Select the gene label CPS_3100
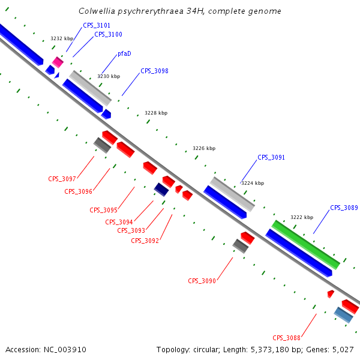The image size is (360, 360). [x=108, y=34]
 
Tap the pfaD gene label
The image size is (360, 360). [x=124, y=53]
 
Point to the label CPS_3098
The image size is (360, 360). [x=154, y=71]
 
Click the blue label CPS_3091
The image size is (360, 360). [x=271, y=157]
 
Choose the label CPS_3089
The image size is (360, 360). [x=344, y=208]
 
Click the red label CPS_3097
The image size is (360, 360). [x=62, y=179]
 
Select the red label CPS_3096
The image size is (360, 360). [x=78, y=191]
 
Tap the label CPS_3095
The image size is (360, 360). [x=103, y=210]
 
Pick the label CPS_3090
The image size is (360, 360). [x=202, y=281]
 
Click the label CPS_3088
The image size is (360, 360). [x=286, y=337]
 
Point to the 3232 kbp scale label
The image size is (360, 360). [x=61, y=38]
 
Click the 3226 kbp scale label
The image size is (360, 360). [x=204, y=148]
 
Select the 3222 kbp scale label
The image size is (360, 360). [x=302, y=217]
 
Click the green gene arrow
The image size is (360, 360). [x=306, y=244]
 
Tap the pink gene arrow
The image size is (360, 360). [x=58, y=62]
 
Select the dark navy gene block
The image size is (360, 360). [x=161, y=190]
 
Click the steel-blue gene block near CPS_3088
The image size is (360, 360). [x=343, y=314]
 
